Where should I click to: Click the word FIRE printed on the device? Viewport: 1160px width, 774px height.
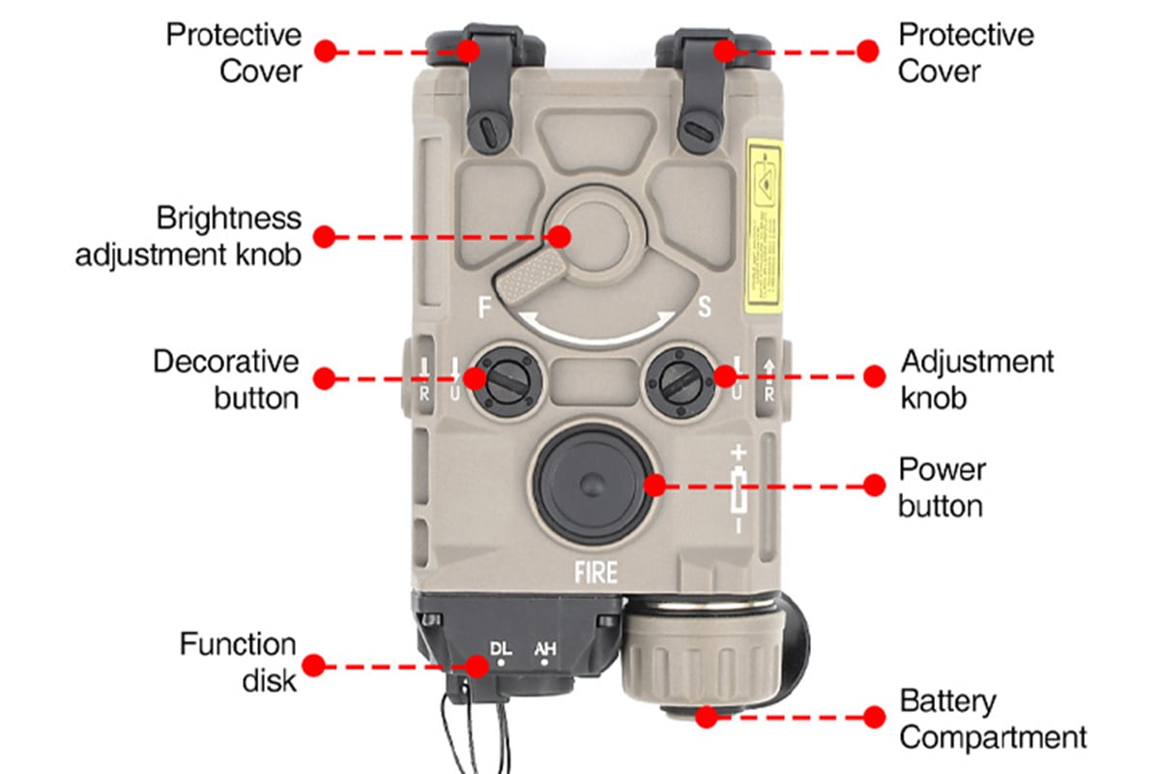click(595, 572)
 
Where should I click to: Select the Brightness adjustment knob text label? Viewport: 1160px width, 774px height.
click(188, 236)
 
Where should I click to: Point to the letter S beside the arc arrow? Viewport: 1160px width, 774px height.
click(704, 309)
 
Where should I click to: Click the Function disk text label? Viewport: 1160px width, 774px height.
click(238, 663)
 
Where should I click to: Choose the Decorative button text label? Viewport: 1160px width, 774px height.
click(226, 379)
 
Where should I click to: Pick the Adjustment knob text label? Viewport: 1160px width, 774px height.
click(977, 379)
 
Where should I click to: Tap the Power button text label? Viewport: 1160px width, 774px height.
click(942, 488)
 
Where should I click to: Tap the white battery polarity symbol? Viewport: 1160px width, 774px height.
click(739, 489)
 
